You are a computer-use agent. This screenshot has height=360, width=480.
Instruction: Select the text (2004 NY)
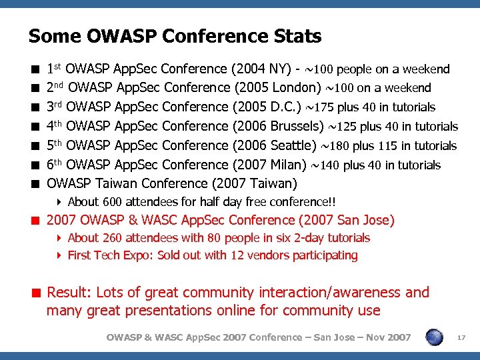click(260, 69)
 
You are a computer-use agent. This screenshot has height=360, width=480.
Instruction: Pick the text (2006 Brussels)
click(275, 127)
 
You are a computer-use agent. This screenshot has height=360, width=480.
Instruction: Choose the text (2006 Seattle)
click(270, 145)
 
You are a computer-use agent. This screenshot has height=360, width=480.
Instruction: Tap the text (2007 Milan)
click(267, 165)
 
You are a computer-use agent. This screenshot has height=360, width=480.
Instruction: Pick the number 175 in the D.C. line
click(324, 107)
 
